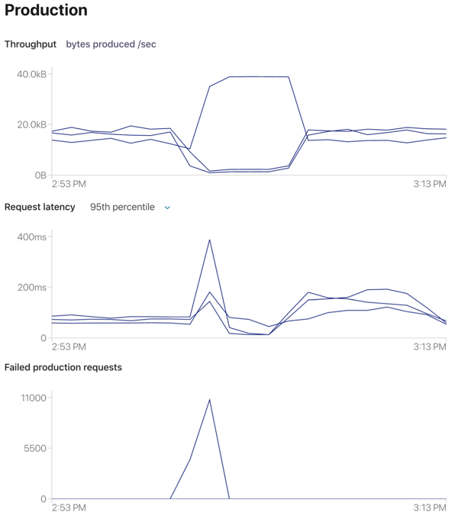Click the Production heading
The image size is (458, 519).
46,11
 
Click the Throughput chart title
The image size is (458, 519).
31,44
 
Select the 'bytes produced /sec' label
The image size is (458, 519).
111,44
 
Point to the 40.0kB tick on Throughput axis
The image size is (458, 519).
31,74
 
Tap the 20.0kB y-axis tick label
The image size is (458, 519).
31,125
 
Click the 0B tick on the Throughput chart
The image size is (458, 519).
40,176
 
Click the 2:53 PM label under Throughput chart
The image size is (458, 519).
69,184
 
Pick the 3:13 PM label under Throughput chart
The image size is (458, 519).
429,184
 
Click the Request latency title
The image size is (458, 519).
40,207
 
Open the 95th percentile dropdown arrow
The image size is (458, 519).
168,208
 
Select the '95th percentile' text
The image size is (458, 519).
122,207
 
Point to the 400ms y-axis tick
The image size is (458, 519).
32,237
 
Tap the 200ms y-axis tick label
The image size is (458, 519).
32,288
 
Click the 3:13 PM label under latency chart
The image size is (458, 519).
429,347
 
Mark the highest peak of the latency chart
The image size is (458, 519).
209,240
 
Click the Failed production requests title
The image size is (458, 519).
63,367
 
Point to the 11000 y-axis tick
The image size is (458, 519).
34,398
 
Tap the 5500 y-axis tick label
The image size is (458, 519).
36,448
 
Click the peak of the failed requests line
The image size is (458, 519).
209,399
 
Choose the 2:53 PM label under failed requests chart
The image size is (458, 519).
69,508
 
